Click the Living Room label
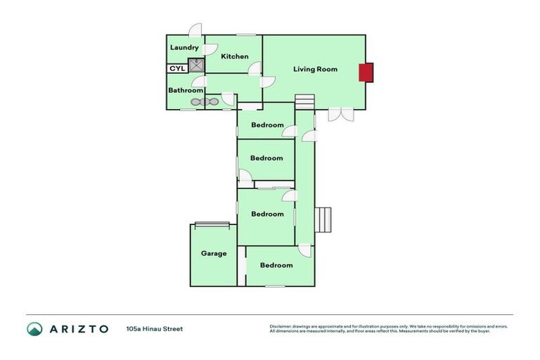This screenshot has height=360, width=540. (315, 69)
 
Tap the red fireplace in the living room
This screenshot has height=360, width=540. (366, 72)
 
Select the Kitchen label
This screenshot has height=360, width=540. (235, 56)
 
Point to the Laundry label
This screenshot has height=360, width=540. (184, 48)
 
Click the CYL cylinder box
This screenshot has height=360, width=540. (176, 69)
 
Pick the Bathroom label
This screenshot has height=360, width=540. (186, 90)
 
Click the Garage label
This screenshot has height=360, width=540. (214, 253)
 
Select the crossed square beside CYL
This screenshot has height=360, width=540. (195, 67)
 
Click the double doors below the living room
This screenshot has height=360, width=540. (340, 115)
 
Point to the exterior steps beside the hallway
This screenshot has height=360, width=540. (323, 219)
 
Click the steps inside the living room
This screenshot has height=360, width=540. (304, 101)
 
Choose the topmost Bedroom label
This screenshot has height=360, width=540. (267, 125)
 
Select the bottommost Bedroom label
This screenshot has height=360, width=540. (276, 265)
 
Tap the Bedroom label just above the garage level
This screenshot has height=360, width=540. (267, 214)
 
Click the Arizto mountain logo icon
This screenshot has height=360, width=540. (34, 328)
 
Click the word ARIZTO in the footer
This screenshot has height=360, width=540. (79, 328)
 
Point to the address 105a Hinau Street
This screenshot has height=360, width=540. (155, 328)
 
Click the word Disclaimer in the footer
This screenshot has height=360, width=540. (281, 326)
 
